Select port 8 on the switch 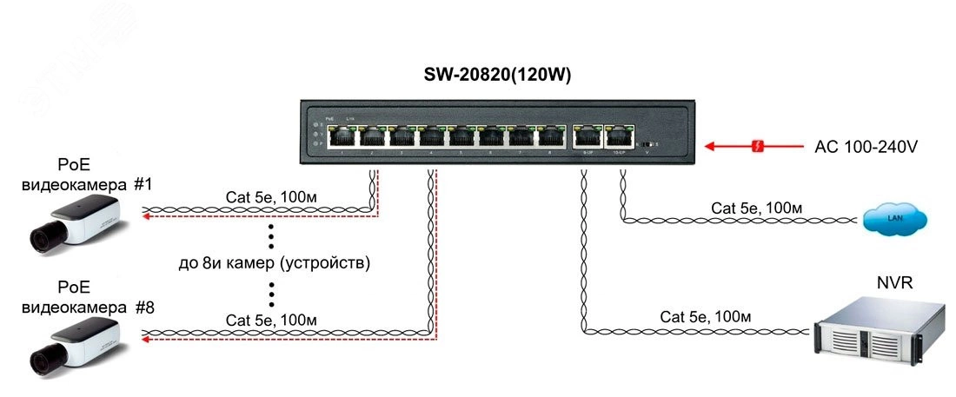tap(551, 136)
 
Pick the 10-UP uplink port tap(618, 136)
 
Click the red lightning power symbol tap(758, 147)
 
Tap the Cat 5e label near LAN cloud tap(756, 208)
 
